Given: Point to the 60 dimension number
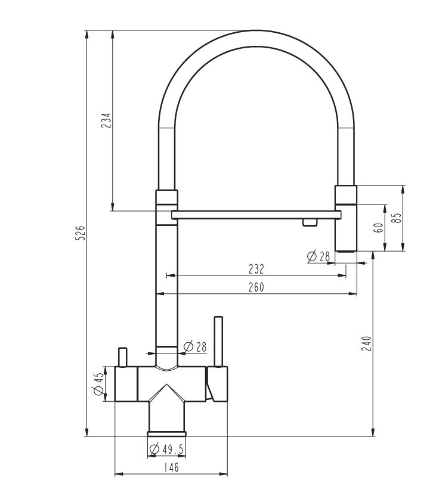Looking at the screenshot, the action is click(379, 228).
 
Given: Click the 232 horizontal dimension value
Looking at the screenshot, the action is click(256, 269).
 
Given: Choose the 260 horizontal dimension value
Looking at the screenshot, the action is click(256, 287).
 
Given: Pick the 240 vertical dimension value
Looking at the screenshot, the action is click(366, 343).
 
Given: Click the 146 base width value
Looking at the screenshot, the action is click(171, 467).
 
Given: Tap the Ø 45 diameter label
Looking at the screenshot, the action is click(98, 384).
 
